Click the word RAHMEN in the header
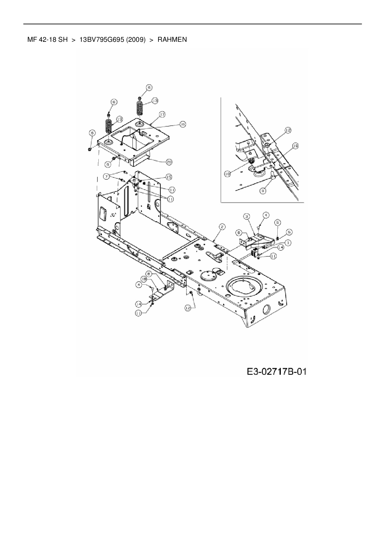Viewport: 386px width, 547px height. pyautogui.click(x=172, y=40)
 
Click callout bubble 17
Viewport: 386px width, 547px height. pyautogui.click(x=162, y=114)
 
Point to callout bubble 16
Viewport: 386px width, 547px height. pyautogui.click(x=182, y=124)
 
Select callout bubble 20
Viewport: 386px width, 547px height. pyautogui.click(x=169, y=162)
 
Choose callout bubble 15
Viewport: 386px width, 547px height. pyautogui.click(x=169, y=177)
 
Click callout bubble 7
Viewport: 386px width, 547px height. pyautogui.click(x=107, y=177)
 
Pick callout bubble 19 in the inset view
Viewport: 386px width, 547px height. pyautogui.click(x=295, y=146)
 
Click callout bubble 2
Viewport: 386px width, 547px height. pyautogui.click(x=222, y=227)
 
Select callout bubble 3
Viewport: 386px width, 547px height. pyautogui.click(x=246, y=216)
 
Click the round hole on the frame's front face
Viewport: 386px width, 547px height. pyautogui.click(x=267, y=310)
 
